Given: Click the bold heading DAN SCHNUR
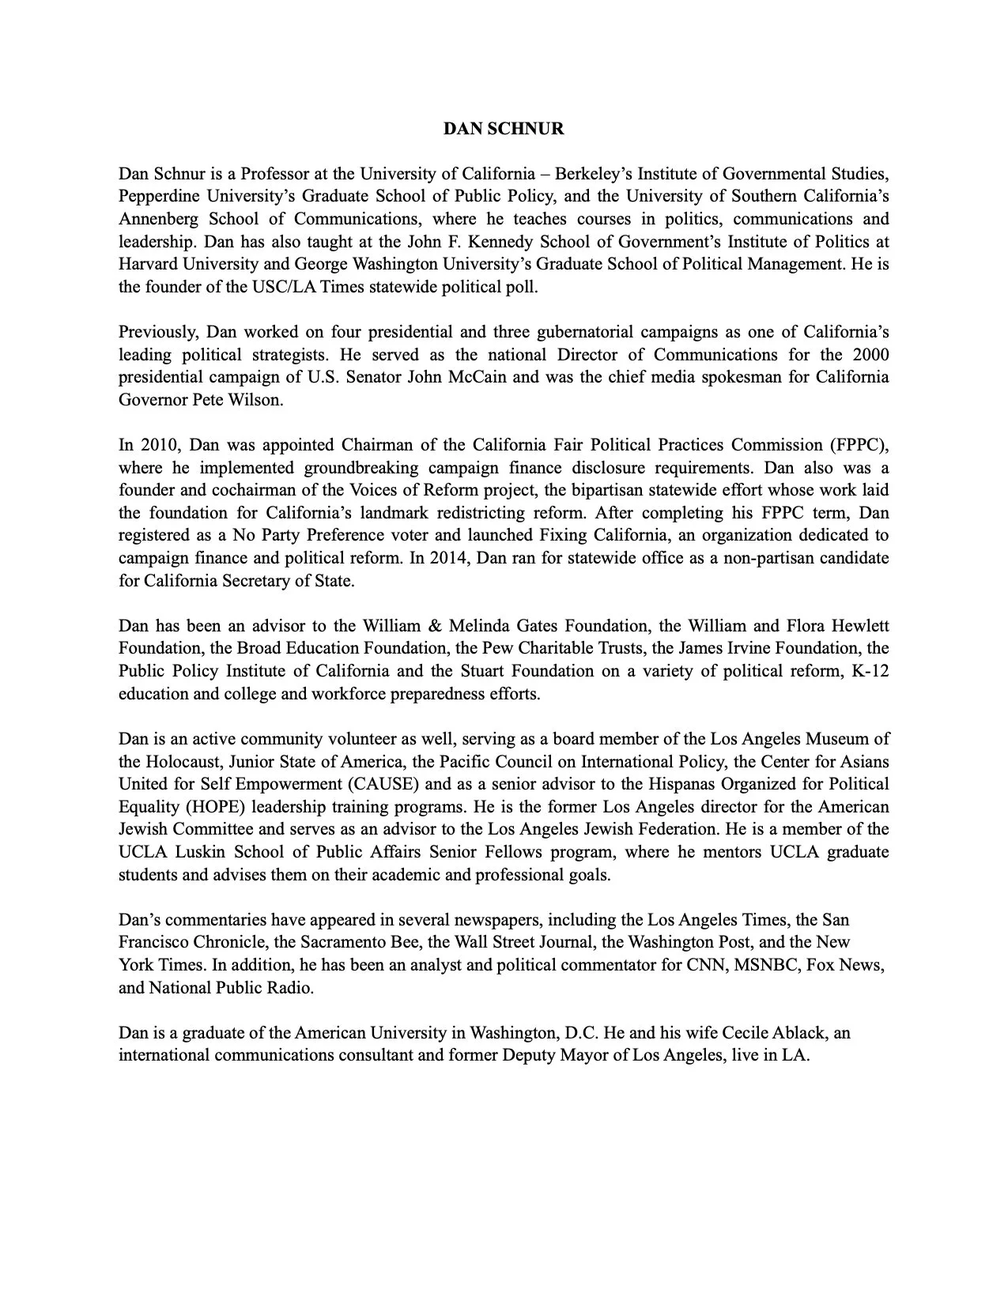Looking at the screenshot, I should coord(504,129).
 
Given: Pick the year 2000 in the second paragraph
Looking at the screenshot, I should coord(870,354).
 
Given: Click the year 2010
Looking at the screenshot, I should coord(160,445).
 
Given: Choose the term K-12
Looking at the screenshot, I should coord(870,671).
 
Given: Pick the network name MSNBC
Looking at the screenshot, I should coord(766,965).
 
